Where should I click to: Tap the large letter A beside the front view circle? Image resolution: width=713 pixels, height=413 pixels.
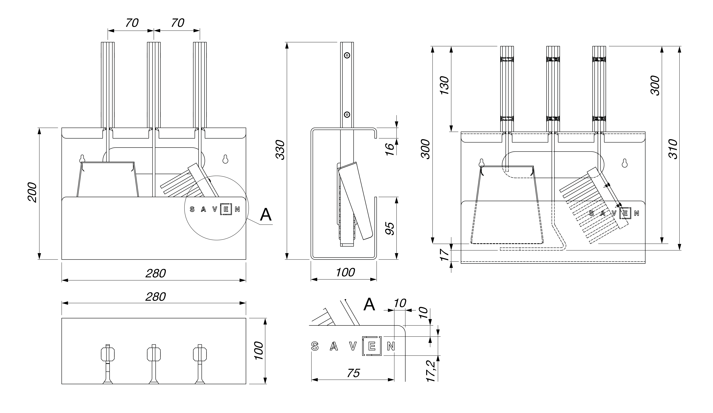click(x=266, y=215)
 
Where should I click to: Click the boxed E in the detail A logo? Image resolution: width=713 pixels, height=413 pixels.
click(x=372, y=346)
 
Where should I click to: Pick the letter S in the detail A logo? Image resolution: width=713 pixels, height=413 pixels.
click(x=315, y=346)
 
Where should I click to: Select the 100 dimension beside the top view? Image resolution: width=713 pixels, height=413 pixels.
click(x=259, y=350)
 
